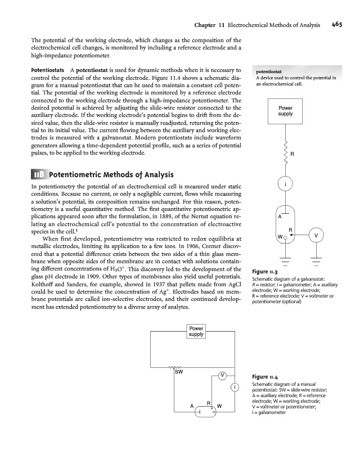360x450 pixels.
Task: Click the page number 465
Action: pyautogui.click(x=337, y=24)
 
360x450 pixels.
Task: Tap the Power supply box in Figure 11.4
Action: pyautogui.click(x=196, y=331)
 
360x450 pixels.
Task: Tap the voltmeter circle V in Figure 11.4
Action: pyautogui.click(x=223, y=375)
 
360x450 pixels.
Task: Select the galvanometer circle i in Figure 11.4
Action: pyautogui.click(x=234, y=386)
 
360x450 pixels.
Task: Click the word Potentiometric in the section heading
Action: pyautogui.click(x=77, y=173)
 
